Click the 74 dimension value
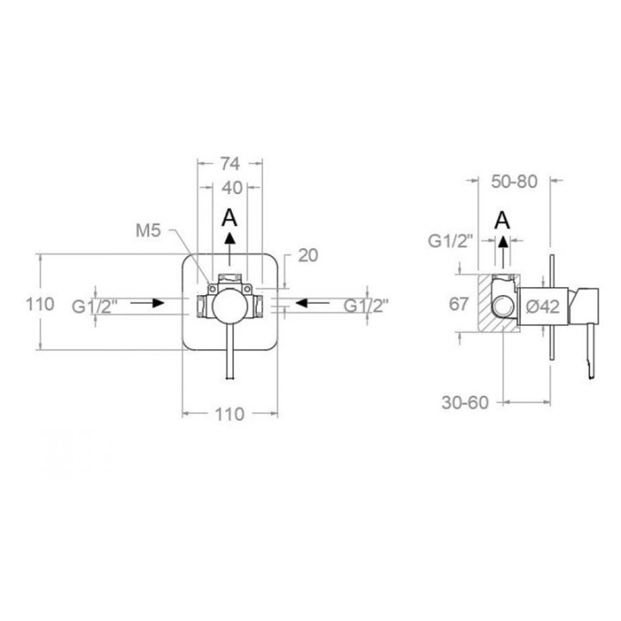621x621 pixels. [x=230, y=163]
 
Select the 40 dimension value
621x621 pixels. [x=232, y=188]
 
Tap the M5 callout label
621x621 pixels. [x=148, y=230]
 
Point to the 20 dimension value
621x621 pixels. [x=308, y=255]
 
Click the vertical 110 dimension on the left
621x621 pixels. [x=40, y=304]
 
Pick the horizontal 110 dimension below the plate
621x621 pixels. [x=229, y=414]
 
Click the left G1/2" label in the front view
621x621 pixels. [x=95, y=306]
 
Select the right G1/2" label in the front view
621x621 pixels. [x=366, y=305]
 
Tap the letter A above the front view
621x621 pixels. [x=229, y=218]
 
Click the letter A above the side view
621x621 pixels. [x=502, y=220]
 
